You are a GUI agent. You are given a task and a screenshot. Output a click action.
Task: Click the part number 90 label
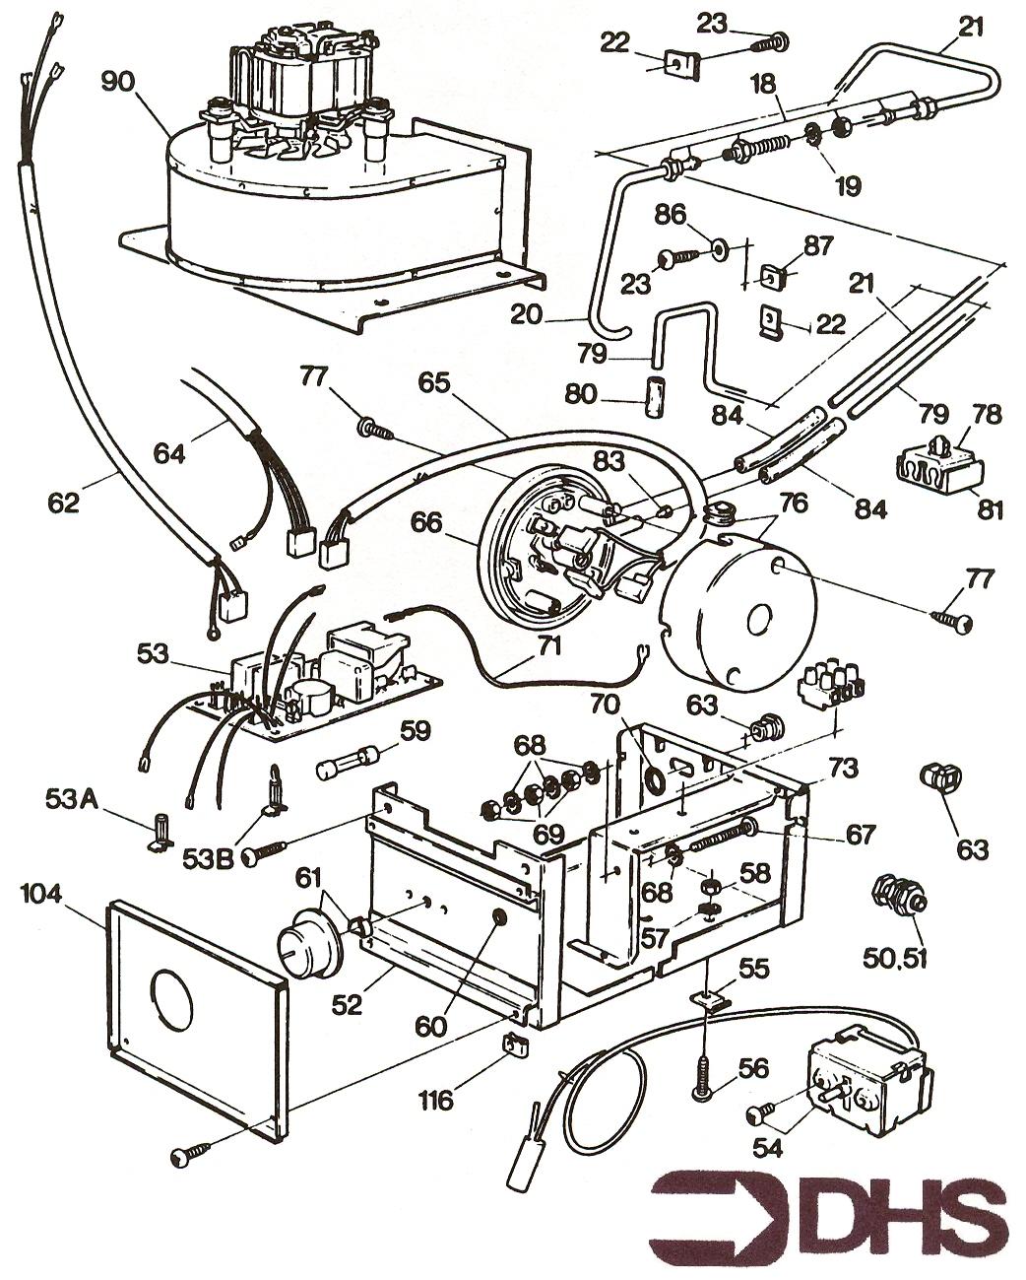[x=118, y=82]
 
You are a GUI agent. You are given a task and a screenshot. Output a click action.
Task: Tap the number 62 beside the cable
[x=64, y=503]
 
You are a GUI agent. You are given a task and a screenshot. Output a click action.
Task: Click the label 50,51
[x=894, y=957]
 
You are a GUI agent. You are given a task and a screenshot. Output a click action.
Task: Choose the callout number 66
[x=426, y=523]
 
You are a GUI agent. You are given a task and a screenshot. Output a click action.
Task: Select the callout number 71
[x=548, y=646]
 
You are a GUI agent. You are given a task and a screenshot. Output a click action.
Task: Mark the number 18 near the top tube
[x=763, y=85]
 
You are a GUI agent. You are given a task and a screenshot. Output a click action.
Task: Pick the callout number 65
[x=434, y=383]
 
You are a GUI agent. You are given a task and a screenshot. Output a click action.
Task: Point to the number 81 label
[x=990, y=510]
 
